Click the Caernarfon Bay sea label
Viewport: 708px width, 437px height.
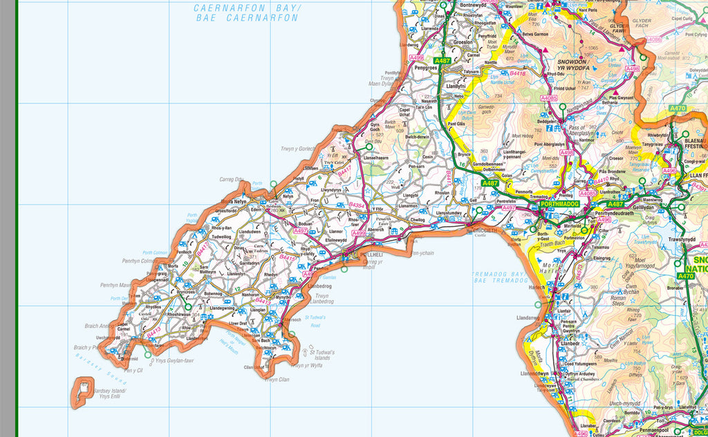247,13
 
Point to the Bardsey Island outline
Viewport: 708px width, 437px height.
83,390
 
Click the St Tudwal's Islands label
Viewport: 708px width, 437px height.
322,355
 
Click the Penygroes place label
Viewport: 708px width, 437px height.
427,68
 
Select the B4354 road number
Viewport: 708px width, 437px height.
357,205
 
